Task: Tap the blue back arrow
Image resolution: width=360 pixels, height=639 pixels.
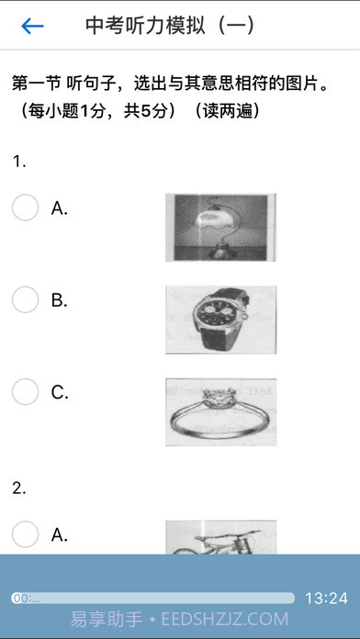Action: pyautogui.click(x=33, y=26)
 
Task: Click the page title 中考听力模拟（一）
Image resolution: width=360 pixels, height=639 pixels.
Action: pyautogui.click(x=170, y=26)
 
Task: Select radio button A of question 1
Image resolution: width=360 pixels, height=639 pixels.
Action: pyautogui.click(x=26, y=207)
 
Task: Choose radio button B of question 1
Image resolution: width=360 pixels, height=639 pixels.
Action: pyautogui.click(x=26, y=299)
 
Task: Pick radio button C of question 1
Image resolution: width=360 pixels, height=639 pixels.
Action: pyautogui.click(x=26, y=392)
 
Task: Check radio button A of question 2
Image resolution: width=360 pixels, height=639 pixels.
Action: pyautogui.click(x=26, y=533)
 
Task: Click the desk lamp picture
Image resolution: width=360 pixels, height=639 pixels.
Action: pyautogui.click(x=220, y=228)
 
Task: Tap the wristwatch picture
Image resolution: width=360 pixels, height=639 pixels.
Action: pyautogui.click(x=220, y=319)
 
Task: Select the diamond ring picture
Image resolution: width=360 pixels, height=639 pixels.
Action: pyautogui.click(x=220, y=411)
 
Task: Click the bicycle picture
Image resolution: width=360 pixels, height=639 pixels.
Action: pyautogui.click(x=220, y=537)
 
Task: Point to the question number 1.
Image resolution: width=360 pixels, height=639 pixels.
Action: pyautogui.click(x=19, y=162)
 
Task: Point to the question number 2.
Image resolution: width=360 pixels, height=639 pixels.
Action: pyautogui.click(x=19, y=488)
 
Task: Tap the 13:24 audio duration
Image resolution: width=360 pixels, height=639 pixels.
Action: pyautogui.click(x=326, y=599)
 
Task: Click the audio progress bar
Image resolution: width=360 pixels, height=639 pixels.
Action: pyautogui.click(x=152, y=598)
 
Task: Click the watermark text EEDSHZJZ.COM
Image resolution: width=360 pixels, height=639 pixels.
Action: pyautogui.click(x=225, y=619)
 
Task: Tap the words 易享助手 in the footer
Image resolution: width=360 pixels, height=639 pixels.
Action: pyautogui.click(x=107, y=619)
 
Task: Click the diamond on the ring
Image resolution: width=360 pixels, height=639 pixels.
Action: pyautogui.click(x=220, y=396)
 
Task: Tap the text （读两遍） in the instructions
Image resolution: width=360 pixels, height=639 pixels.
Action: pyautogui.click(x=226, y=111)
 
